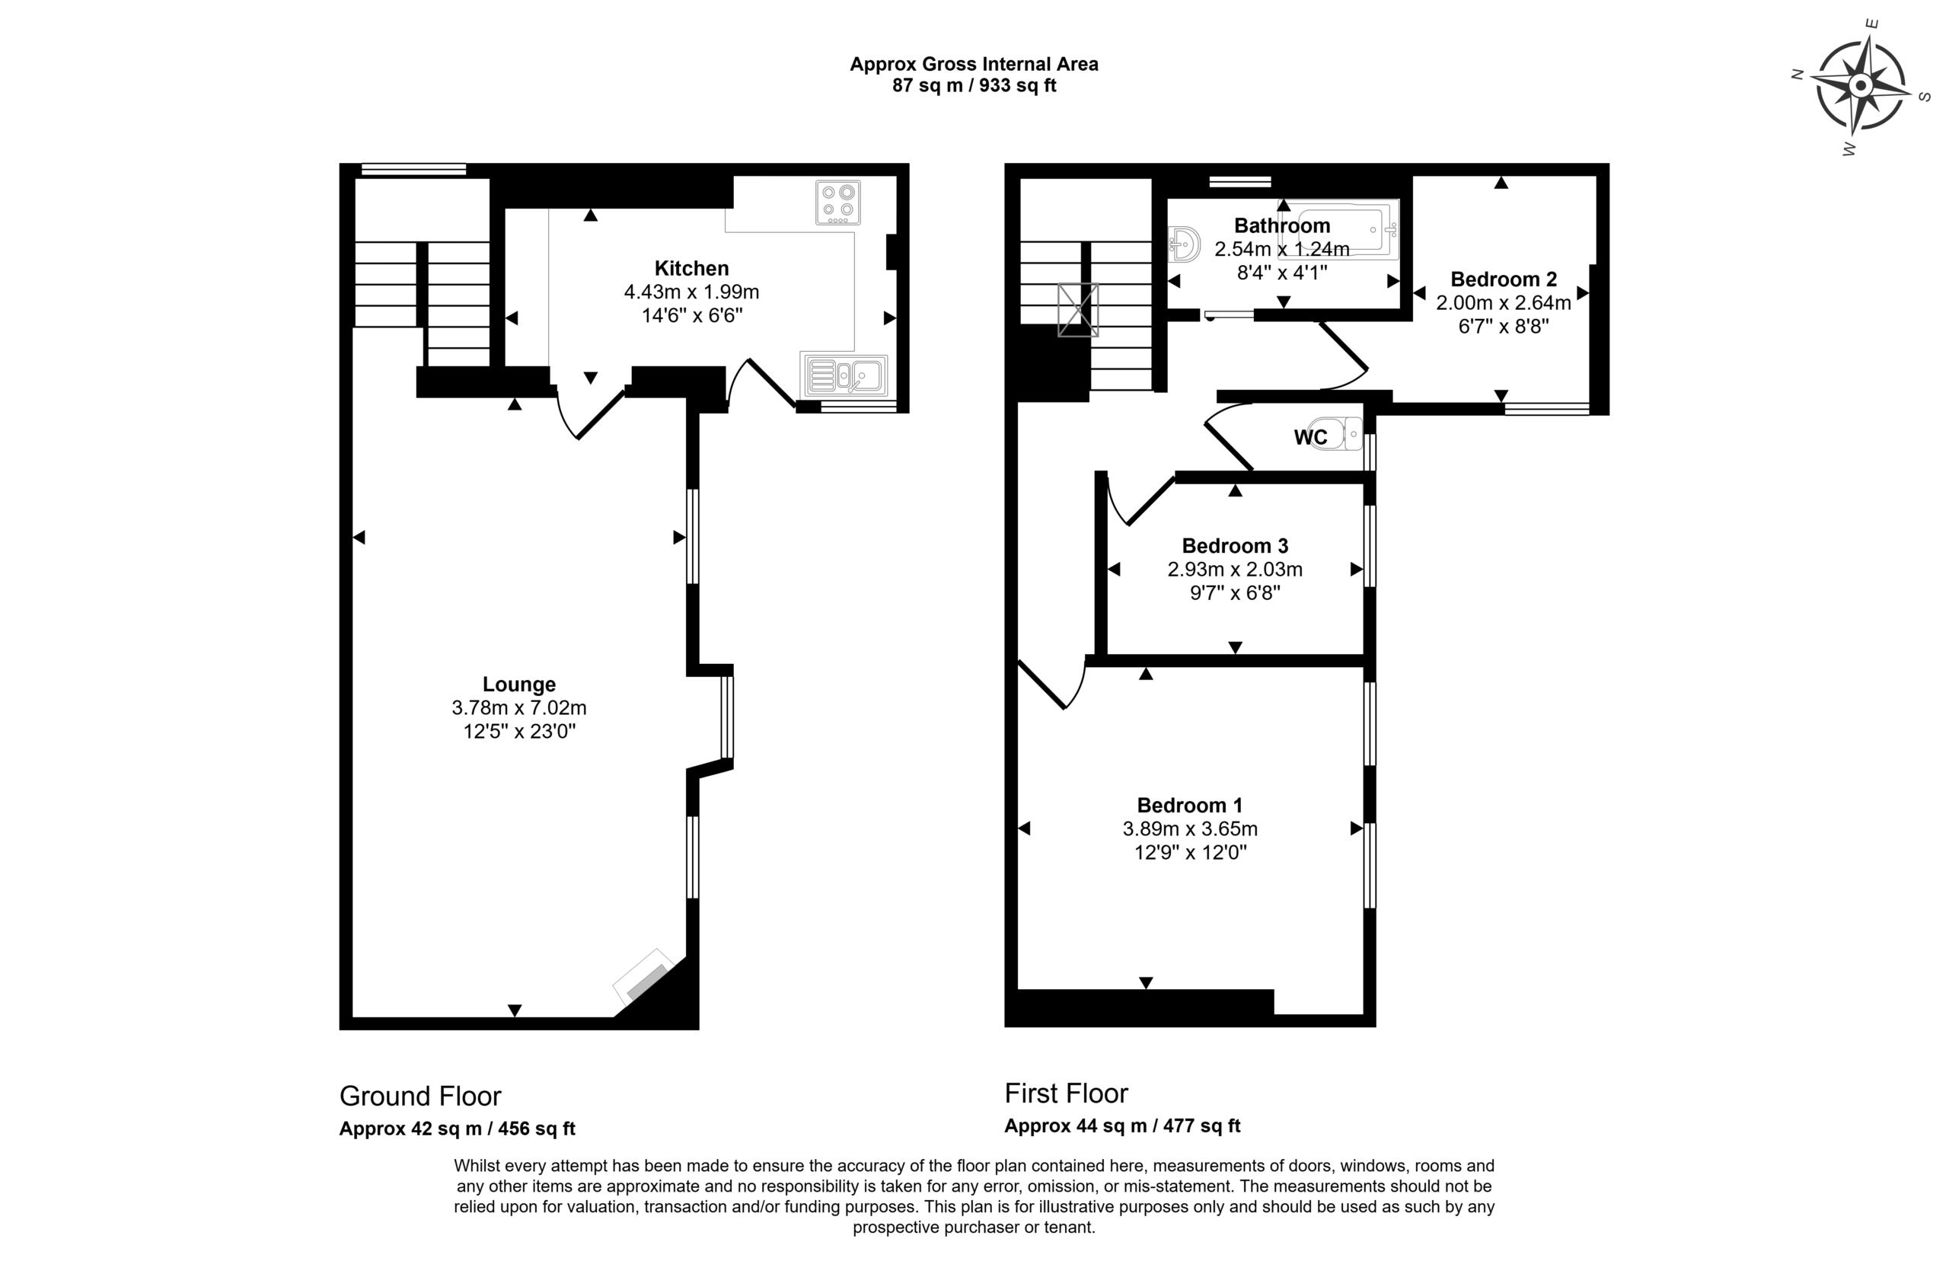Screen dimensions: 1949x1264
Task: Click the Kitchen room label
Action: [x=691, y=268]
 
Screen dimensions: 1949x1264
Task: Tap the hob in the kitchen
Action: [x=837, y=203]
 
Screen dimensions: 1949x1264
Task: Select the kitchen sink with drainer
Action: [x=844, y=375]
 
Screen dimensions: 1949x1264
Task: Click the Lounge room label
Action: [x=519, y=684]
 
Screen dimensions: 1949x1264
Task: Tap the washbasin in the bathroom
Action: [x=1184, y=244]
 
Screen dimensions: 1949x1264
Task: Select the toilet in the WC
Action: [x=1341, y=433]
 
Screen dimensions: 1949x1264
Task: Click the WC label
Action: [x=1310, y=437]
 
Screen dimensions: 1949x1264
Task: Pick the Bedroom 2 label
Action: [x=1504, y=279]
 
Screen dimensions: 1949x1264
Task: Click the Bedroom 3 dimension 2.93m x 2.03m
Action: [x=1235, y=570]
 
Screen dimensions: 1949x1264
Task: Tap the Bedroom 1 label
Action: [x=1190, y=806]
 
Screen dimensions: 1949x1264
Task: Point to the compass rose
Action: [x=1861, y=85]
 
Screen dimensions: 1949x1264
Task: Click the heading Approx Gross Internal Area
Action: [x=974, y=64]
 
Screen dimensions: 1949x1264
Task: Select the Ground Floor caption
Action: [x=420, y=1096]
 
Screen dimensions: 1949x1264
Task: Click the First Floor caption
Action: [x=1066, y=1093]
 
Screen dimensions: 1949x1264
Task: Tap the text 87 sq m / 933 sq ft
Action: [x=974, y=86]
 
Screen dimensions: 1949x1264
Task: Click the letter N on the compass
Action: [x=1799, y=75]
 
